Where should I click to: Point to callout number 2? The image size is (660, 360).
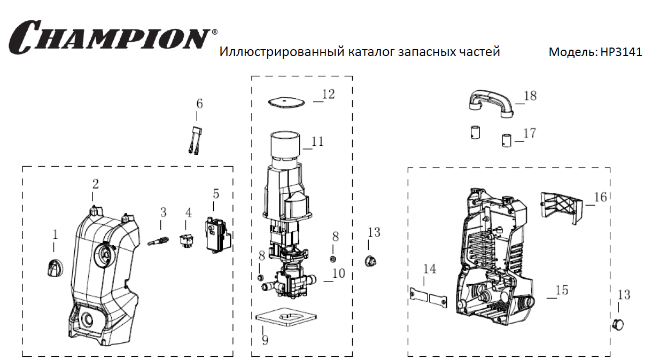pyautogui.click(x=95, y=184)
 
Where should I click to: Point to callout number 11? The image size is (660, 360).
pyautogui.click(x=317, y=142)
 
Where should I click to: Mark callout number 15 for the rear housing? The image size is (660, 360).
pyautogui.click(x=561, y=290)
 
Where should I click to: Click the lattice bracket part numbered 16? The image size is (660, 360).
pyautogui.click(x=561, y=205)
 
